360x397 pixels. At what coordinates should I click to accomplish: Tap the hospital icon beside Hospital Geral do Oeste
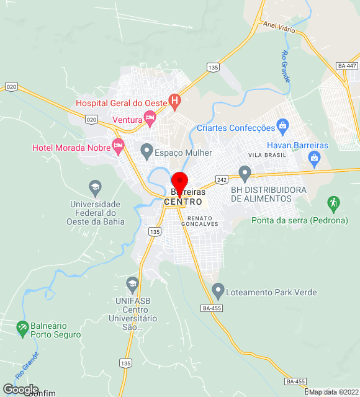pyautogui.click(x=175, y=99)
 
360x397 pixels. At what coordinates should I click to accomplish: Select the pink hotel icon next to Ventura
pyautogui.click(x=150, y=116)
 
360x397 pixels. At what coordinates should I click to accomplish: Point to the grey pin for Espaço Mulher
pyautogui.click(x=146, y=149)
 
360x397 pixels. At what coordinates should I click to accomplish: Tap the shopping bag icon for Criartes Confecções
pyautogui.click(x=283, y=126)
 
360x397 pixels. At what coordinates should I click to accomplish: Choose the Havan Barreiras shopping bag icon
pyautogui.click(x=314, y=156)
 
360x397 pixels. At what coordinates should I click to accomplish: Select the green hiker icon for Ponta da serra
pyautogui.click(x=334, y=202)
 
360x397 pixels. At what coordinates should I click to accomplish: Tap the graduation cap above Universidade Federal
pyautogui.click(x=95, y=186)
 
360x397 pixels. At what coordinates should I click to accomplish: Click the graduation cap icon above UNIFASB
pyautogui.click(x=132, y=283)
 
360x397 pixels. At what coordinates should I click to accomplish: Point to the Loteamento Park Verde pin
pyautogui.click(x=218, y=289)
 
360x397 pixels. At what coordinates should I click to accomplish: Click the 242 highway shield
pyautogui.click(x=222, y=179)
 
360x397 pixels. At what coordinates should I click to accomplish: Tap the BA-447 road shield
pyautogui.click(x=346, y=66)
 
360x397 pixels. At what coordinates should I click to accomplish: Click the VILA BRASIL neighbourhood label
pyautogui.click(x=268, y=154)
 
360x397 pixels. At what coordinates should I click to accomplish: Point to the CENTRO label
pyautogui.click(x=182, y=202)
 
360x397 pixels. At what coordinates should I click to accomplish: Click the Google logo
pyautogui.click(x=20, y=389)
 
